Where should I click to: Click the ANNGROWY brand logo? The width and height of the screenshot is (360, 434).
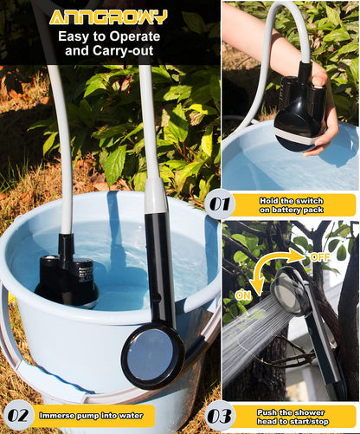pyautogui.click(x=107, y=16)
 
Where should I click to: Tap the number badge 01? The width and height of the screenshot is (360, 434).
pyautogui.click(x=221, y=204)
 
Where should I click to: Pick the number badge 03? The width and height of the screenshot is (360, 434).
pyautogui.click(x=221, y=416)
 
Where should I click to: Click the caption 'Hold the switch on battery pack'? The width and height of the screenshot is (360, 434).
pyautogui.click(x=295, y=204)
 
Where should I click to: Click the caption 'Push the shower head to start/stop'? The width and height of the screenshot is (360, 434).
pyautogui.click(x=295, y=416)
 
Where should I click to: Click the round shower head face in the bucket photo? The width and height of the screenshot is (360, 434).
pyautogui.click(x=151, y=355)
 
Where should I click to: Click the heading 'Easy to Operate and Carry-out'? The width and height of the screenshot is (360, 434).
pyautogui.click(x=107, y=43)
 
